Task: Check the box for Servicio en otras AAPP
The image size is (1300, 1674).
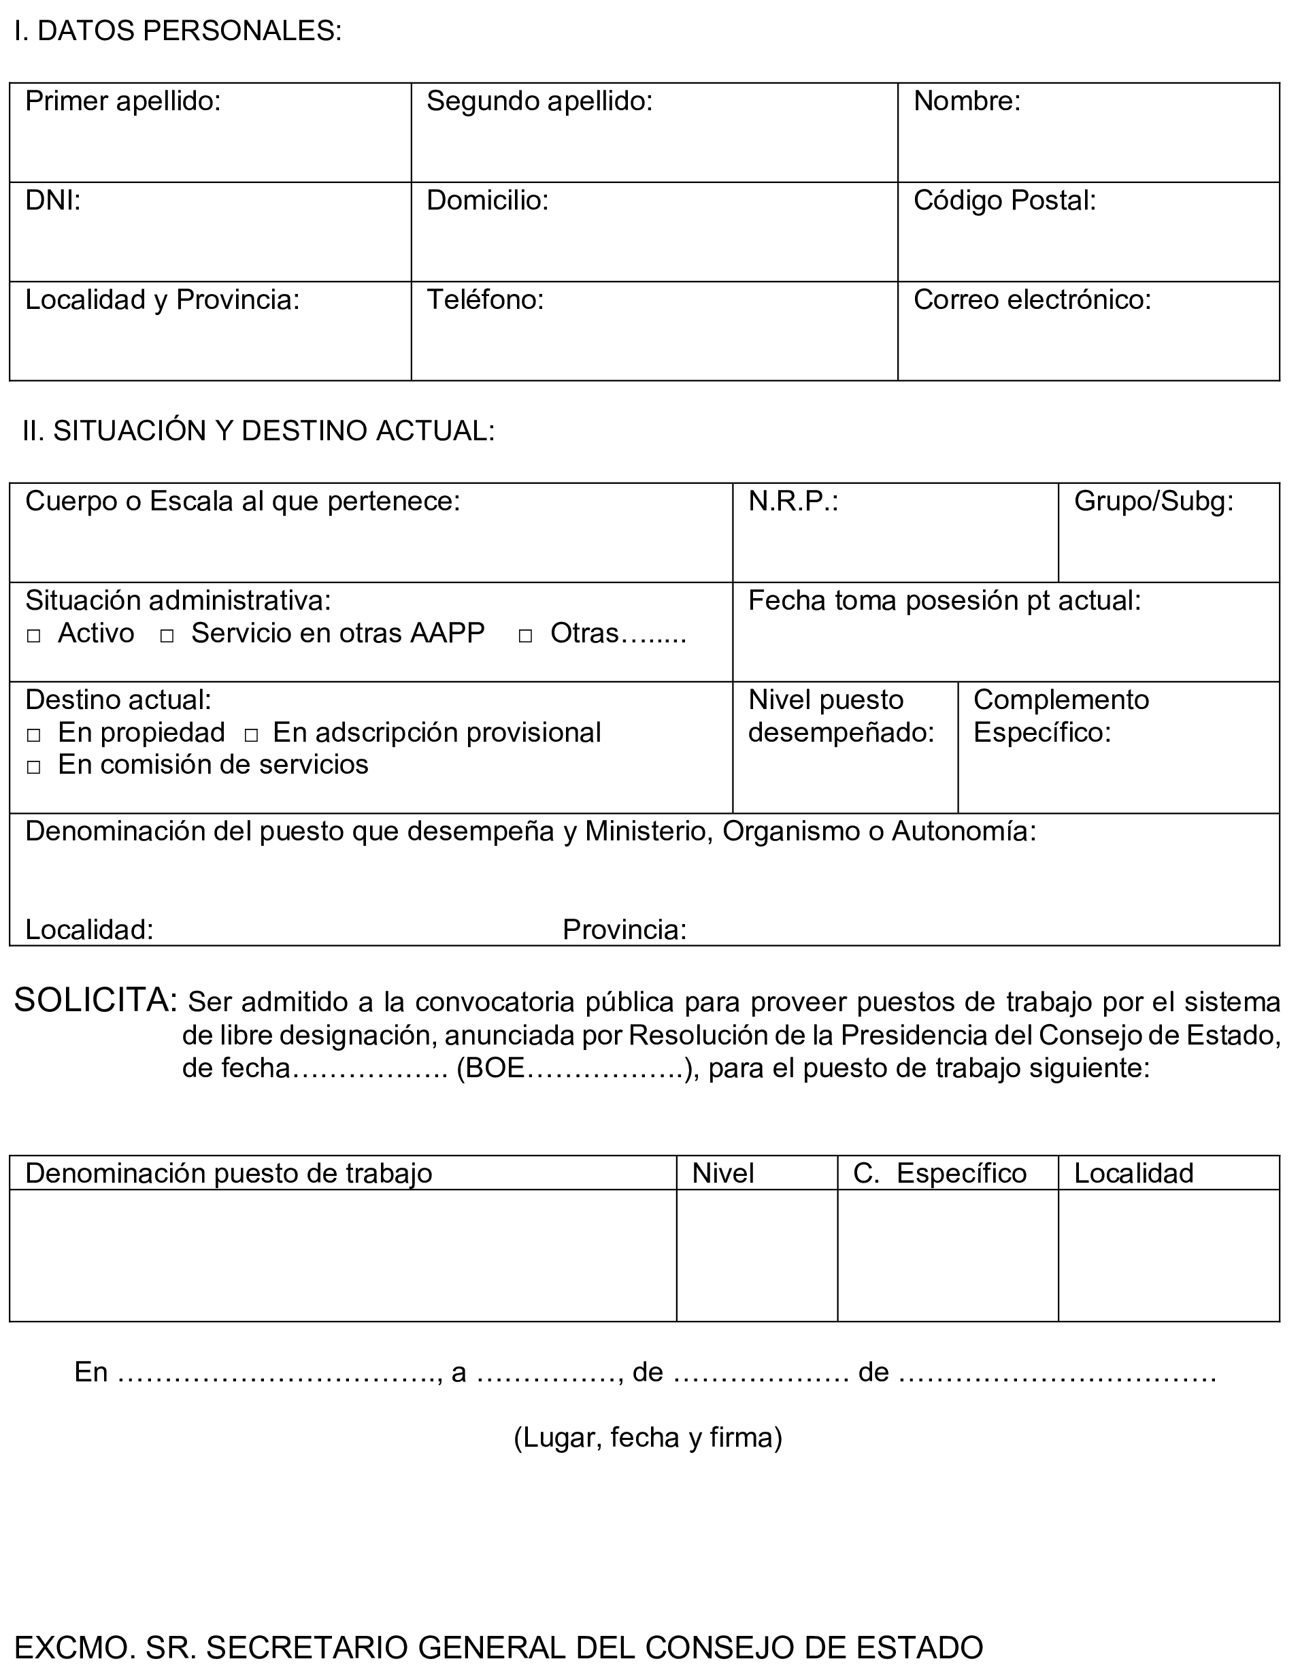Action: pyautogui.click(x=167, y=636)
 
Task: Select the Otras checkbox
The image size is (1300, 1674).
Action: pyautogui.click(x=526, y=636)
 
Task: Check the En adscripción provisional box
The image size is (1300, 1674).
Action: pyautogui.click(x=251, y=736)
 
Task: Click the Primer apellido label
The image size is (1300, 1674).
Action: pyautogui.click(x=123, y=101)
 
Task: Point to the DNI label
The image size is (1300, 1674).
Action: pyautogui.click(x=53, y=201)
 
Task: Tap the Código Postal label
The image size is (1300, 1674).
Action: pyautogui.click(x=1004, y=201)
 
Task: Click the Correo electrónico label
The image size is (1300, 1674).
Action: pyautogui.click(x=1032, y=299)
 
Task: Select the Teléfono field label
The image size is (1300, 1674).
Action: pyautogui.click(x=485, y=299)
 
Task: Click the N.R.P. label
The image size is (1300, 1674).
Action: pyautogui.click(x=793, y=502)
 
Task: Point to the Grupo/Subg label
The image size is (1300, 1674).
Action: pyautogui.click(x=1154, y=502)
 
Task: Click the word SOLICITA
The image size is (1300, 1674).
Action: pyautogui.click(x=96, y=1000)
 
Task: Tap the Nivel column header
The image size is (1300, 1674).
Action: pyautogui.click(x=722, y=1173)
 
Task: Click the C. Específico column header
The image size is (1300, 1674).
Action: pyautogui.click(x=940, y=1173)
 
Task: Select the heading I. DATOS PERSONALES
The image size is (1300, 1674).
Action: pyautogui.click(x=178, y=31)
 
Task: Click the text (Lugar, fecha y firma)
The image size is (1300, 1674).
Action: pyautogui.click(x=648, y=1437)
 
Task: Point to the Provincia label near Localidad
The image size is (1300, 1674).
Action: pyautogui.click(x=624, y=930)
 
